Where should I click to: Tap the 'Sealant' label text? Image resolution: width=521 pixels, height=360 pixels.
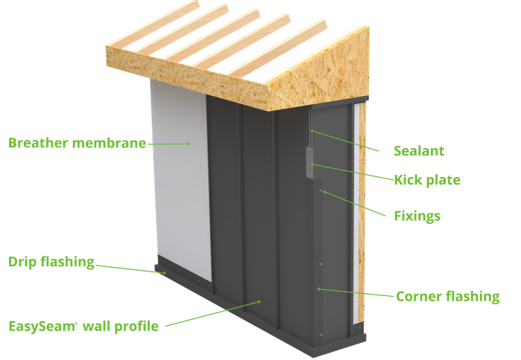point(419,151)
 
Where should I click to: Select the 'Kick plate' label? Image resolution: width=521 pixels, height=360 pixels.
point(428,180)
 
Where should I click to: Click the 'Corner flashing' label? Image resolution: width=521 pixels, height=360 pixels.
point(447,296)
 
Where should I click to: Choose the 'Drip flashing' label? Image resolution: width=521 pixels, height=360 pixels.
point(51,262)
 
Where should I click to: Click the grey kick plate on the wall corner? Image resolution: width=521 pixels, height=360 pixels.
point(307,161)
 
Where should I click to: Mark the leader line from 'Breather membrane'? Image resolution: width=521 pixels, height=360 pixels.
point(167,143)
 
